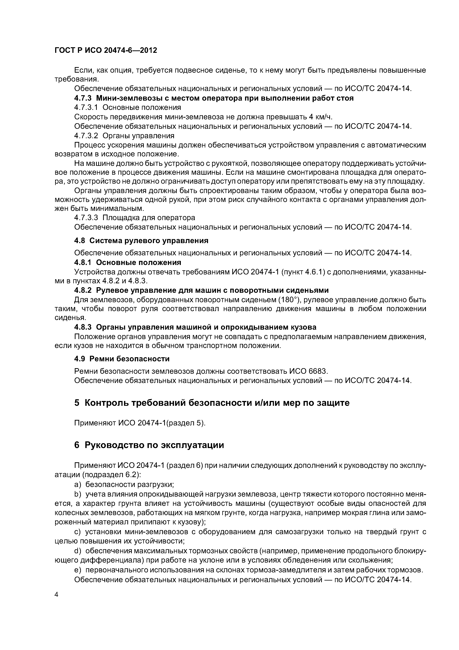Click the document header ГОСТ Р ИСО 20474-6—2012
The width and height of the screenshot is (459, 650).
click(105, 50)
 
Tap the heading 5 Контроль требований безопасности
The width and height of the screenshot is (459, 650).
click(212, 403)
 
